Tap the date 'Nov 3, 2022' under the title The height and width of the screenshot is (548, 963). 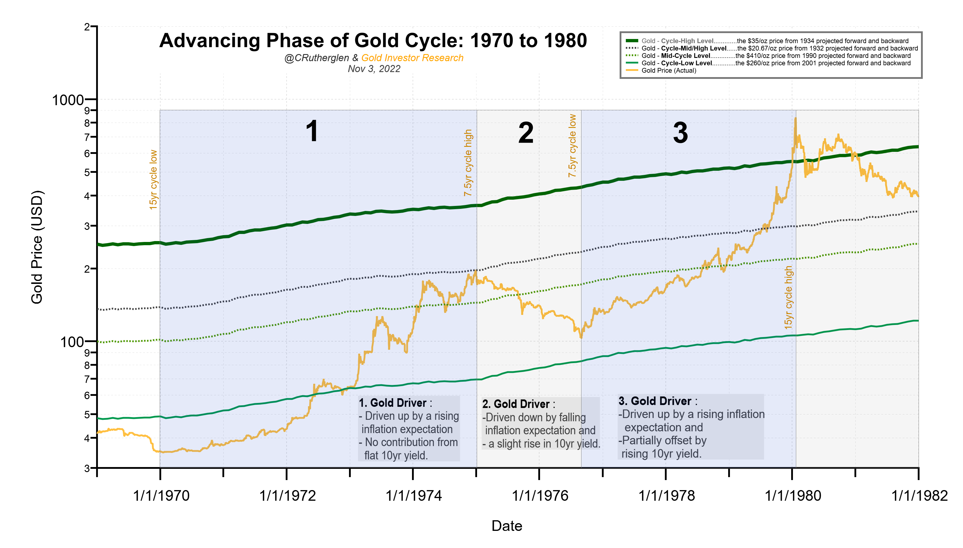(x=374, y=69)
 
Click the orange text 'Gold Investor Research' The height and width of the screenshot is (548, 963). (x=412, y=58)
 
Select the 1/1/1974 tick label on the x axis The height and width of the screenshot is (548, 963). (x=413, y=496)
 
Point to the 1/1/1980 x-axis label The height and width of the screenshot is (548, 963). (x=793, y=496)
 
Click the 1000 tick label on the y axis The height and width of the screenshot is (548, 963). (x=68, y=100)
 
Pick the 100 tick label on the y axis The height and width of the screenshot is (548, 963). (x=72, y=342)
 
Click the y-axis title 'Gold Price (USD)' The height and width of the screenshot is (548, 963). (x=37, y=247)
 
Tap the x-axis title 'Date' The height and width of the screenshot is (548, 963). (x=506, y=526)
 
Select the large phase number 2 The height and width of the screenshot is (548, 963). (x=526, y=133)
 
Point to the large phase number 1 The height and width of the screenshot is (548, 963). (x=312, y=131)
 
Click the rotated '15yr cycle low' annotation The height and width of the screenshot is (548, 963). (x=153, y=180)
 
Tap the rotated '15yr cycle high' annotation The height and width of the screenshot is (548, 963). (x=788, y=297)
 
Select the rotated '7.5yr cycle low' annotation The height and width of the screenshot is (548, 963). (x=572, y=146)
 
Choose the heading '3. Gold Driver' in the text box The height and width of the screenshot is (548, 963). (x=655, y=401)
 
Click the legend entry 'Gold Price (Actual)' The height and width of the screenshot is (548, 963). (x=668, y=70)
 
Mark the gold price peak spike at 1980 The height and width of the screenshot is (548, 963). (x=795, y=119)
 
